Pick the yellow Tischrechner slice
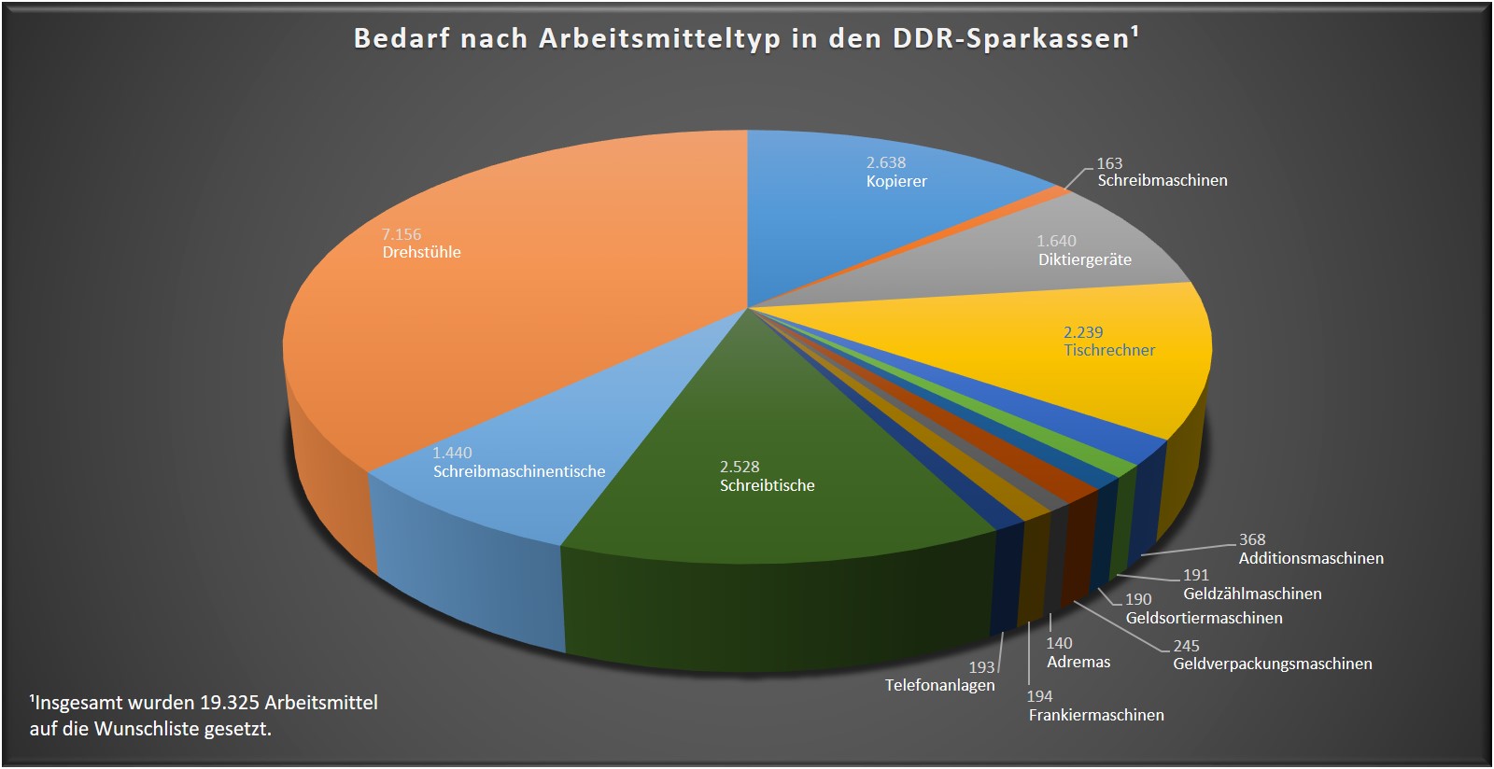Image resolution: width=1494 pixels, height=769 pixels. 1120,373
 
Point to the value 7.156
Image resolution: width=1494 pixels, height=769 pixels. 402,234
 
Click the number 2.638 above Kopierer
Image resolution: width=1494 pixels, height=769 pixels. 886,162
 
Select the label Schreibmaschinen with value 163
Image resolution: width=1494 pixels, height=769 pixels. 1163,180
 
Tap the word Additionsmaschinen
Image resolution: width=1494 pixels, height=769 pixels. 1311,558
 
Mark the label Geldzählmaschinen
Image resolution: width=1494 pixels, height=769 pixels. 1252,594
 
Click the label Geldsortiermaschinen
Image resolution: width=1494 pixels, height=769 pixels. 1204,618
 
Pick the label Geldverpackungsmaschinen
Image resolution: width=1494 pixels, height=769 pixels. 1273,664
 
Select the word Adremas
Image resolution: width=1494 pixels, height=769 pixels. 1078,662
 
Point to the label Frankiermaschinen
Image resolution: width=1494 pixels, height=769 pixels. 1096,715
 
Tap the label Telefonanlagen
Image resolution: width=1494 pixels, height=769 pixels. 939,685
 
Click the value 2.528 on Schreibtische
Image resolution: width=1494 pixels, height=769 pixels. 740,467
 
